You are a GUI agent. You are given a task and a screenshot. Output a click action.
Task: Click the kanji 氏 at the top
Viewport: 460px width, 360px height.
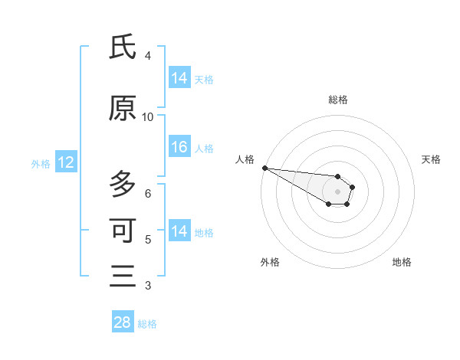point(123,48)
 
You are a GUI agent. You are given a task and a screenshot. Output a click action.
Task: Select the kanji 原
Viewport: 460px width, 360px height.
point(123,110)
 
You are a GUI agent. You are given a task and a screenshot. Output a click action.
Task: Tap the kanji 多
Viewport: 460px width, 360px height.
point(123,185)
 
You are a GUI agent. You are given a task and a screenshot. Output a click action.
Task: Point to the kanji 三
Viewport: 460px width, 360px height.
point(123,277)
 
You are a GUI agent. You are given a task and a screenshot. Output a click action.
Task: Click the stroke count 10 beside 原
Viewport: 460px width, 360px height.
point(147,117)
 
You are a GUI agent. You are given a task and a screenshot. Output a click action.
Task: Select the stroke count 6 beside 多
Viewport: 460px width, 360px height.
point(148,193)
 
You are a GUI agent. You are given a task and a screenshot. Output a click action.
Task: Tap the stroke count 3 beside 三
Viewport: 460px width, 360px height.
point(148,286)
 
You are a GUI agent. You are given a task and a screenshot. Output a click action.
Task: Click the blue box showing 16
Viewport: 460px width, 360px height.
point(179,148)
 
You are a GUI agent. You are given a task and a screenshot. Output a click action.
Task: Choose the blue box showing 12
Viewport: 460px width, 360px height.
point(65,162)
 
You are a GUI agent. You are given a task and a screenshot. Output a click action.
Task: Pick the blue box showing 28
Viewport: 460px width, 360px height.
point(123,322)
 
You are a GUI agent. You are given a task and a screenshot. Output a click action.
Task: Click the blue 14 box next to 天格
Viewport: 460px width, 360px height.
point(179,78)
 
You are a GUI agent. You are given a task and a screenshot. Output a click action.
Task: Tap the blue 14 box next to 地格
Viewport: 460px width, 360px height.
point(179,231)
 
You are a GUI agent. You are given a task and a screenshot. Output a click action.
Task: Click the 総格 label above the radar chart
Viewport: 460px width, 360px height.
point(338,100)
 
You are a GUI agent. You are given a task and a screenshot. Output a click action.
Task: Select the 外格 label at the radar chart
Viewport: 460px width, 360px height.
point(270,262)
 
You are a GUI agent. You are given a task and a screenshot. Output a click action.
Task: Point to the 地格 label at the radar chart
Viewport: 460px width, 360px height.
point(402,262)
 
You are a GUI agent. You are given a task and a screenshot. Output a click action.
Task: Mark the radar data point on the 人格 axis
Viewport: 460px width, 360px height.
point(264,168)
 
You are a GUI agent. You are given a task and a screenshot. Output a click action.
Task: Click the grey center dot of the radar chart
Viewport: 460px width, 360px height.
point(338,191)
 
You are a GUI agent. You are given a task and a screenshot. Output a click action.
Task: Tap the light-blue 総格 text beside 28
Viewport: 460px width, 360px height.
point(147,324)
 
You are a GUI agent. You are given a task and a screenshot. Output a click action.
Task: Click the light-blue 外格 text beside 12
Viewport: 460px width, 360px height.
point(41,163)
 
